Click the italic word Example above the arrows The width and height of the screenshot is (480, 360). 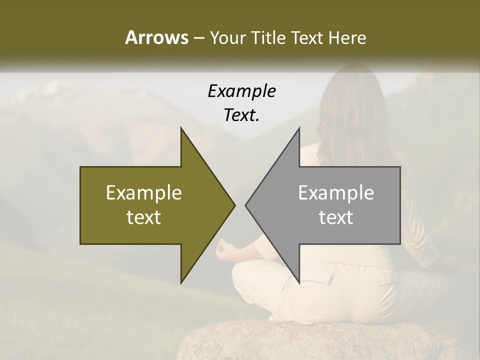pos(241,91)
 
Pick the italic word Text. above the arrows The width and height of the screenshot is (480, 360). pos(241,115)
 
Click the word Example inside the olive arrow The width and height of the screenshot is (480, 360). pos(144,193)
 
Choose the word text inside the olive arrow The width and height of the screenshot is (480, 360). pos(144,217)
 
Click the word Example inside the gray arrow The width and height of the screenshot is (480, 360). pos(336,193)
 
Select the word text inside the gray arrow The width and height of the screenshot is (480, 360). pos(336,217)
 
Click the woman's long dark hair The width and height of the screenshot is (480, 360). pos(350,110)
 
